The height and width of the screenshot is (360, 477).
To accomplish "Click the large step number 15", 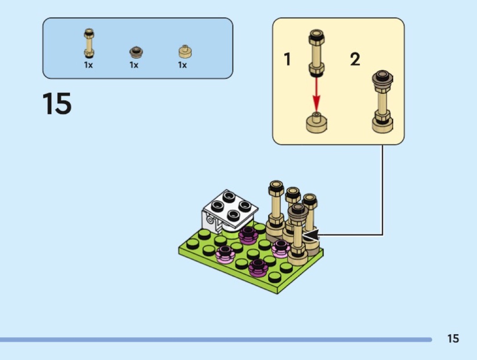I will point(57,104).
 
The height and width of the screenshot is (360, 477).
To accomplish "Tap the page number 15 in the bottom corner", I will point(453,339).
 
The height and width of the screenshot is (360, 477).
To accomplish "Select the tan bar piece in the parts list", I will point(89,44).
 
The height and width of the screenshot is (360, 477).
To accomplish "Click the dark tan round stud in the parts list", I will point(134,52).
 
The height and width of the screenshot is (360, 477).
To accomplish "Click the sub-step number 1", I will point(287,59).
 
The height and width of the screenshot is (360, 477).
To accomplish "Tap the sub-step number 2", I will point(355,59).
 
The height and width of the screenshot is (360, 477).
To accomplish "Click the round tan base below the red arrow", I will point(317,123).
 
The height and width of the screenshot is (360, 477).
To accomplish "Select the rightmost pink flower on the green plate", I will point(280,248).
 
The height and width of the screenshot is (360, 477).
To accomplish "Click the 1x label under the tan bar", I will point(89,65).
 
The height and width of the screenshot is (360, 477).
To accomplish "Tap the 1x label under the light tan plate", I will point(183,65).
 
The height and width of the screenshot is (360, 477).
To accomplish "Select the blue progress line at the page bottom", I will point(216,339).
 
